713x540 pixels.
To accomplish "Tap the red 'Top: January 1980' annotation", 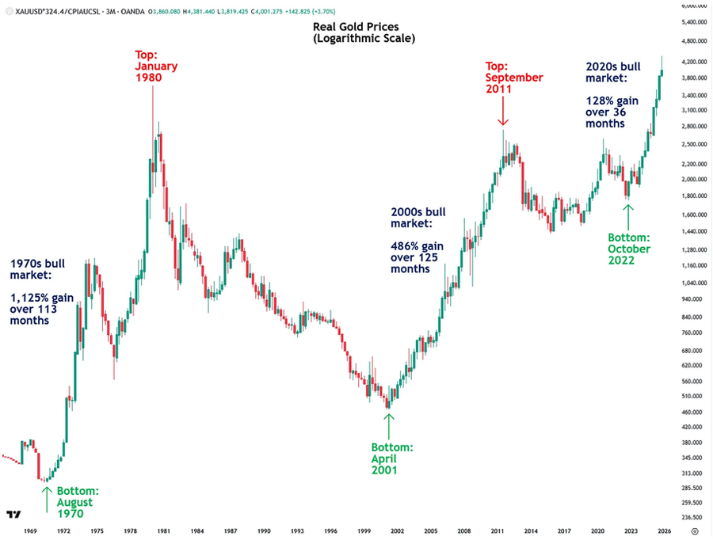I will click(x=156, y=67).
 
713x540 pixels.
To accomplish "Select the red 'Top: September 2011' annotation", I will click(x=514, y=78).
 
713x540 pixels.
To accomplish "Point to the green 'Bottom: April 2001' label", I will click(x=391, y=458).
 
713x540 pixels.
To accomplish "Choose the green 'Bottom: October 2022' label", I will click(x=628, y=249).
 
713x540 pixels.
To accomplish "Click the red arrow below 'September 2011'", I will click(x=502, y=115).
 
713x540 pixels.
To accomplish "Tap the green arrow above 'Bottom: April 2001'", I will click(x=388, y=424).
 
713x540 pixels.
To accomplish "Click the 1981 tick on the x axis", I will click(x=162, y=530).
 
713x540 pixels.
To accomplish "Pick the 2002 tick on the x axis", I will click(x=397, y=530).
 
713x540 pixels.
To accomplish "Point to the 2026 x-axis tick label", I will click(x=665, y=530).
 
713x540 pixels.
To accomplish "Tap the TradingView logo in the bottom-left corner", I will click(x=13, y=513).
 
